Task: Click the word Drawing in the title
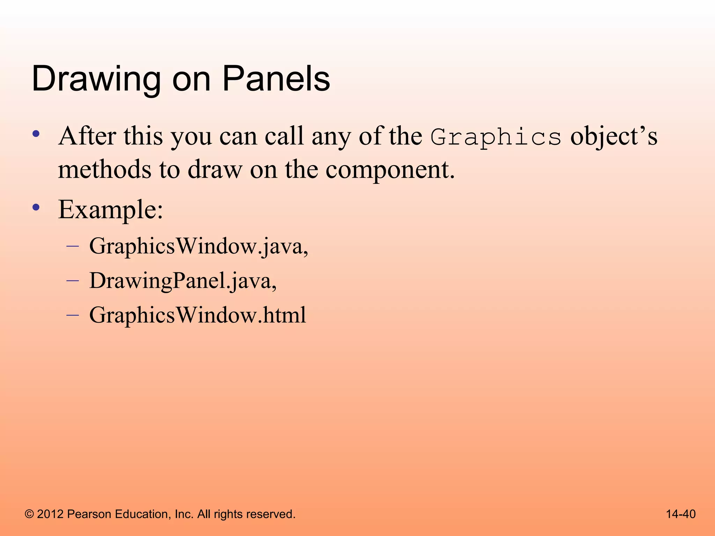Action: click(x=96, y=80)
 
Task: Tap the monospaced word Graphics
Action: click(x=496, y=137)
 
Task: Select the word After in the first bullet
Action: click(x=87, y=136)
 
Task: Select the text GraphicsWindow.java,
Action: click(x=199, y=247)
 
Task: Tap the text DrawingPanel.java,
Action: click(x=183, y=281)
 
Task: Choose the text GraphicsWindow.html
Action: click(x=198, y=315)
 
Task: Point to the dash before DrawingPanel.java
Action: click(x=73, y=280)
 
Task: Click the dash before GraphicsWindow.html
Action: click(x=73, y=315)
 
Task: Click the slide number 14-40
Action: click(x=680, y=514)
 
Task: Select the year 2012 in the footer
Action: click(x=50, y=514)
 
